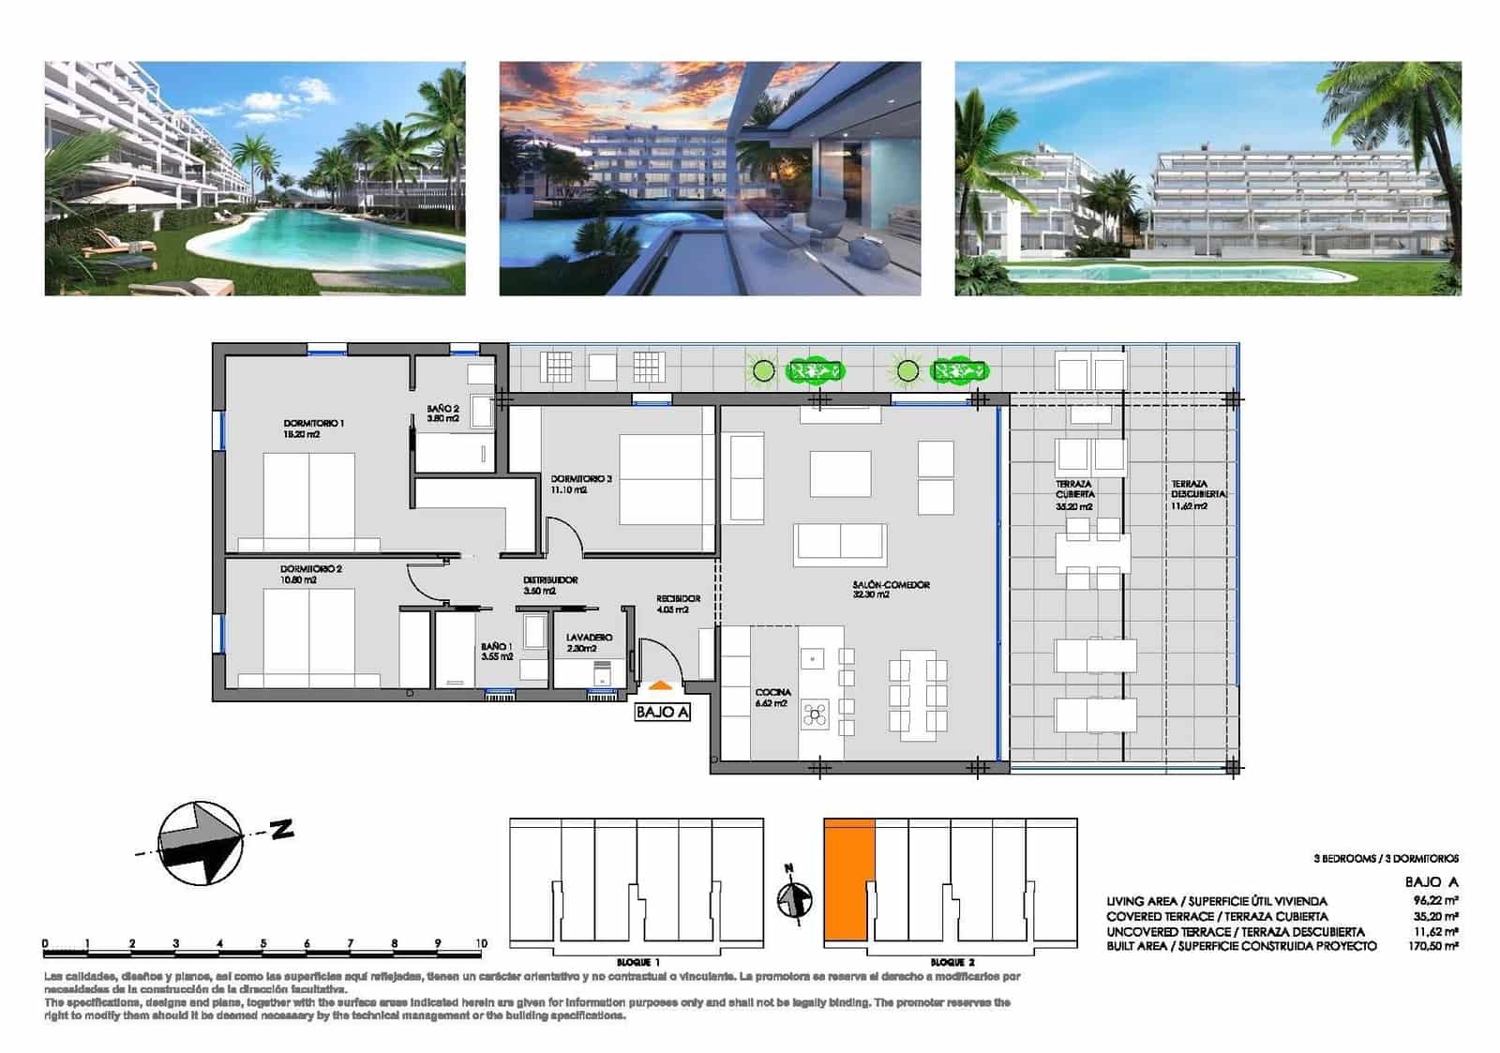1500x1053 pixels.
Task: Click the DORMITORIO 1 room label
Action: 313,424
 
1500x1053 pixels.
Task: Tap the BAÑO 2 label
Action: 442,410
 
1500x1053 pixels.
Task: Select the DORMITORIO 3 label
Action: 580,479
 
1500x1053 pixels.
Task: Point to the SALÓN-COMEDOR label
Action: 891,585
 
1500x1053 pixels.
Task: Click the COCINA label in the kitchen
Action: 772,693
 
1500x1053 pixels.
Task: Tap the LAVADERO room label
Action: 589,638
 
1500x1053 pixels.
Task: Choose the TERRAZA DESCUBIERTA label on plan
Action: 1198,489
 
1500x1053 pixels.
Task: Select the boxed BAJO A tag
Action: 662,713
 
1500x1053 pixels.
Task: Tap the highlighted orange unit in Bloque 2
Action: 848,880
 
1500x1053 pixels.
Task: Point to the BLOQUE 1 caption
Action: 638,963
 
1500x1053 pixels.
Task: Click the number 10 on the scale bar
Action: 481,943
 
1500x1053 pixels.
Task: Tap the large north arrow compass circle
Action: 199,843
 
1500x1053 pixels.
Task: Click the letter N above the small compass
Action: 789,867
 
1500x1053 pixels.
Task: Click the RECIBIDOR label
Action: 678,598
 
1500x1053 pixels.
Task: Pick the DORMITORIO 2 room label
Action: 310,569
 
